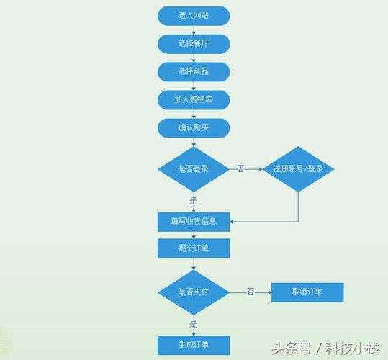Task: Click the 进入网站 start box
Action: point(194,15)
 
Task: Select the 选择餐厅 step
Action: point(194,43)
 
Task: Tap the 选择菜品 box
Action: point(194,71)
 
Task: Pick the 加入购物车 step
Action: point(194,100)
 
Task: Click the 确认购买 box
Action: point(194,128)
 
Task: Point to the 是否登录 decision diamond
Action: point(194,169)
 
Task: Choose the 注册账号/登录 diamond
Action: point(298,169)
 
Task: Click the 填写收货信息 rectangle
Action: point(194,221)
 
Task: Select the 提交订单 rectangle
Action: point(194,248)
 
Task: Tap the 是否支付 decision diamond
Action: point(194,292)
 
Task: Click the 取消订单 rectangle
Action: point(307,292)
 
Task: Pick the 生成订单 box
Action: point(194,344)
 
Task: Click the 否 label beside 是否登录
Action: point(240,169)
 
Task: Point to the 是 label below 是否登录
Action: point(193,201)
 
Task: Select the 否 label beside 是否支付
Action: point(251,292)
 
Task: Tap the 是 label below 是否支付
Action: point(193,324)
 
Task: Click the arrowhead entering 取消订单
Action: point(268,292)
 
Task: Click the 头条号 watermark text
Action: point(295,348)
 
